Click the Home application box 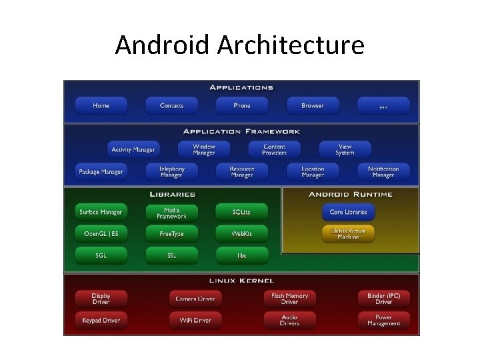pyautogui.click(x=101, y=105)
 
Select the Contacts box pyautogui.click(x=171, y=105)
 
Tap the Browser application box pyautogui.click(x=312, y=105)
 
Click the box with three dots pyautogui.click(x=383, y=105)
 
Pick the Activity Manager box pyautogui.click(x=133, y=149)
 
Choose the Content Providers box pyautogui.click(x=274, y=149)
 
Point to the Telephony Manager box pyautogui.click(x=171, y=171)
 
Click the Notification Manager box pyautogui.click(x=383, y=171)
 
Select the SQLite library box pyautogui.click(x=241, y=212)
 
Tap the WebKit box pyautogui.click(x=241, y=234)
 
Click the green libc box pyautogui.click(x=241, y=255)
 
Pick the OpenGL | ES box pyautogui.click(x=101, y=234)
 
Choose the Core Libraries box pyautogui.click(x=348, y=212)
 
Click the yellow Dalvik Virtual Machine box pyautogui.click(x=348, y=233)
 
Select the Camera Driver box pyautogui.click(x=195, y=298)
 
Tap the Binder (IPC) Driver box pyautogui.click(x=383, y=298)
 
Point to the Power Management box pyautogui.click(x=383, y=320)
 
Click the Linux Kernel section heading pyautogui.click(x=241, y=281)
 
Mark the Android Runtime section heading pyautogui.click(x=351, y=195)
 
